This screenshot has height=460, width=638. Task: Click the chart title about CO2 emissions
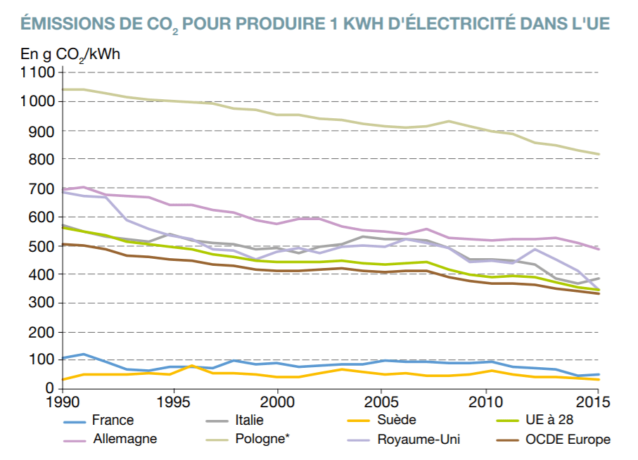tap(315, 23)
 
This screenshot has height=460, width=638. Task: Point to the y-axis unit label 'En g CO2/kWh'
tap(70, 53)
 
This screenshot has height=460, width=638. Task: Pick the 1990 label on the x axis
tap(63, 402)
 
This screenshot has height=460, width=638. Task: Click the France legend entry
tap(112, 421)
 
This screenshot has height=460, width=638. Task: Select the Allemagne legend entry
tap(125, 440)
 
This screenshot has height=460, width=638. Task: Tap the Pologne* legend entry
tap(262, 440)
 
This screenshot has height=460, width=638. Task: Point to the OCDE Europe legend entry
tap(568, 440)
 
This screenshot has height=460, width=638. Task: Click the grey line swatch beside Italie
tap(217, 421)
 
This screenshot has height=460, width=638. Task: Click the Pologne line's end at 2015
tap(599, 154)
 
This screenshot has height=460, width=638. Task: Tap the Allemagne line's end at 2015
tap(599, 249)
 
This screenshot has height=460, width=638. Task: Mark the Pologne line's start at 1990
tap(64, 89)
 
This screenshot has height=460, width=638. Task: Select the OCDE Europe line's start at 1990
tap(64, 244)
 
